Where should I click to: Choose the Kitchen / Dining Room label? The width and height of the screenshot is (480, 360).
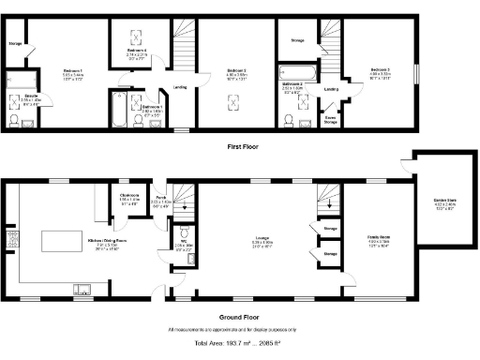click(106, 240)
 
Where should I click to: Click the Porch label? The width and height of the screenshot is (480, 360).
click(161, 198)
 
